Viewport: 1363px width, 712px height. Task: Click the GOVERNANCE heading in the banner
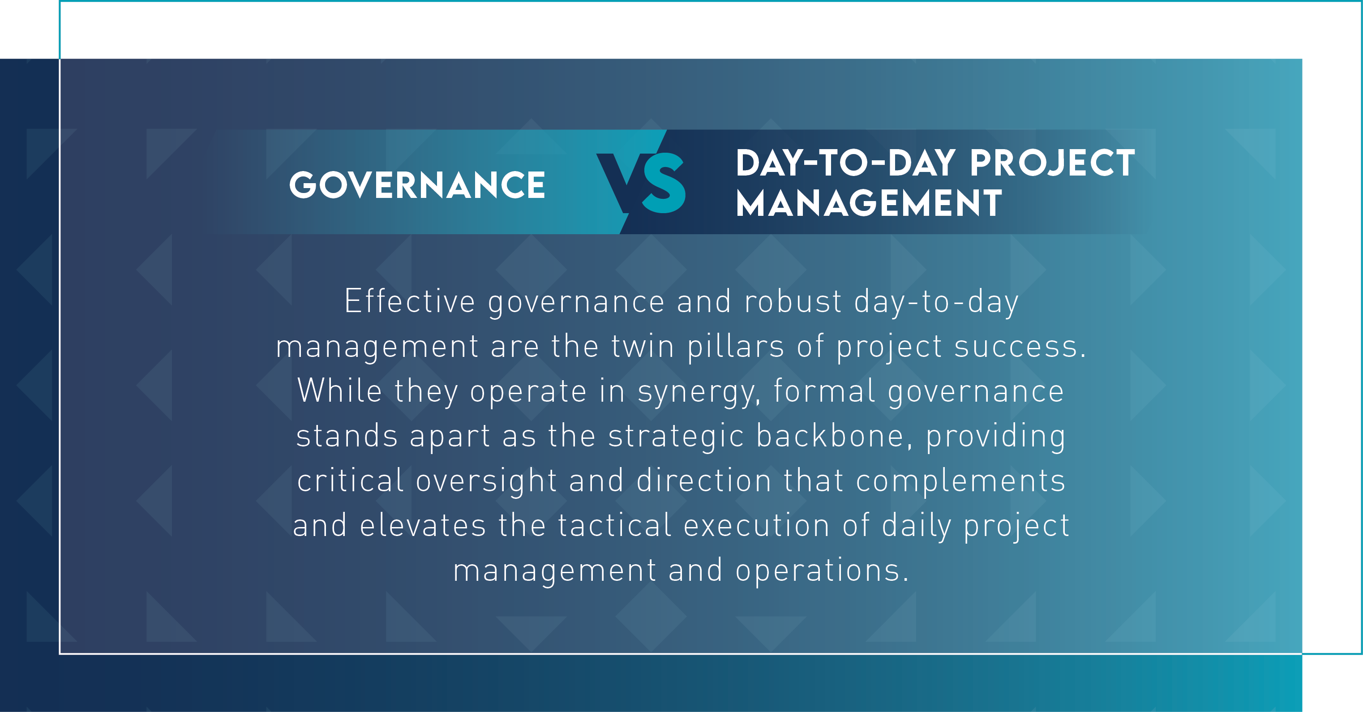(417, 185)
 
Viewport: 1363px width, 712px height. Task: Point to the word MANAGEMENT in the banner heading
(869, 203)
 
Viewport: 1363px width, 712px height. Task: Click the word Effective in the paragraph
(410, 301)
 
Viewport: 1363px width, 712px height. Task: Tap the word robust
(793, 301)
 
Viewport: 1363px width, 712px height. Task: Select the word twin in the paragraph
(643, 347)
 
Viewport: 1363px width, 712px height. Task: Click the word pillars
(736, 347)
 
